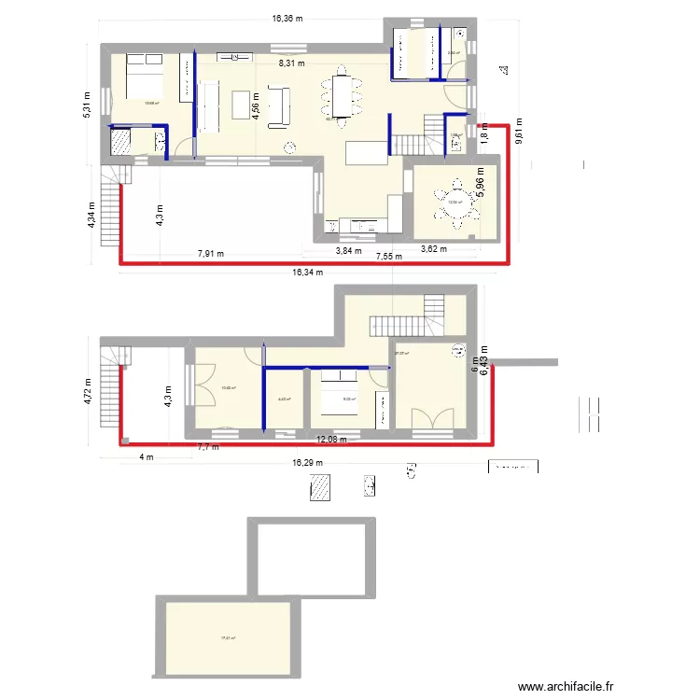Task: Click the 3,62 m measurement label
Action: coord(434,249)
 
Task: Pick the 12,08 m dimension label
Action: coord(331,440)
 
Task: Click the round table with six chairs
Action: coord(457,203)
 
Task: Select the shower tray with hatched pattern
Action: coord(123,142)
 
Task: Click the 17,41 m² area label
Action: coord(228,638)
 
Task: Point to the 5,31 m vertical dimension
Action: coord(86,103)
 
